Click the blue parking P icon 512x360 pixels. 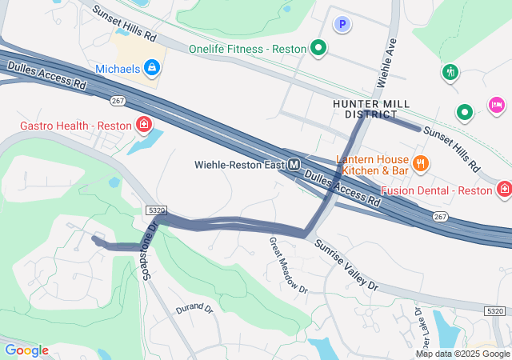[342, 25]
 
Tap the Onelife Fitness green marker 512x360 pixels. [318, 49]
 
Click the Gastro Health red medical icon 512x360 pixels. [143, 125]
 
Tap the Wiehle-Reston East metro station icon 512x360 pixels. [294, 165]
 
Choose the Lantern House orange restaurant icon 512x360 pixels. [422, 164]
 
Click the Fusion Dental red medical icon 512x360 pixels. [504, 190]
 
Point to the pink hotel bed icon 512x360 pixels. [496, 105]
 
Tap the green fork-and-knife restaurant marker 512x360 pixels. [450, 73]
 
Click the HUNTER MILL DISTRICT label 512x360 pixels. [371, 110]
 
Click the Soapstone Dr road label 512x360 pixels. [148, 248]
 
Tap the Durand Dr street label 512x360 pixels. [194, 309]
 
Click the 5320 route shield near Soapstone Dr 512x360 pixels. [156, 210]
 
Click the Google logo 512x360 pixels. [26, 350]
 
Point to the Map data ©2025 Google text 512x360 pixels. [462, 354]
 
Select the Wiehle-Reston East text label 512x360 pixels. [239, 165]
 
